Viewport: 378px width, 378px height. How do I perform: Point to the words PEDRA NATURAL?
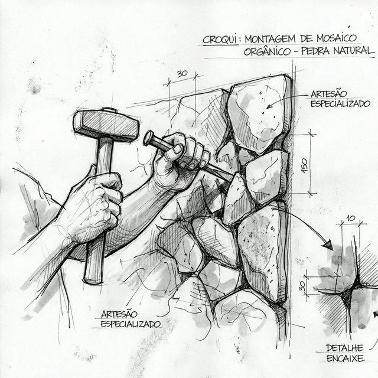[339, 52]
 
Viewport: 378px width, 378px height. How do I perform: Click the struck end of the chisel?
[148, 139]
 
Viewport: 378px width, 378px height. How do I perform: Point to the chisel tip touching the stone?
[232, 175]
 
